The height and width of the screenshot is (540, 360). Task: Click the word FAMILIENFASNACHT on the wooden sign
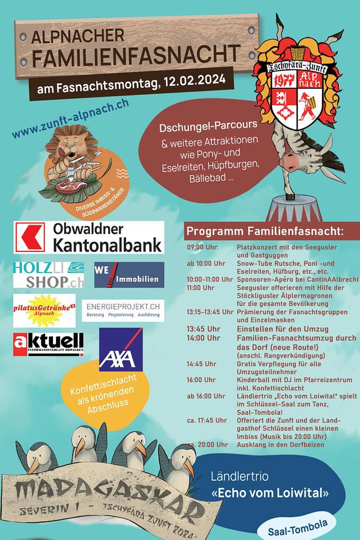click(x=135, y=56)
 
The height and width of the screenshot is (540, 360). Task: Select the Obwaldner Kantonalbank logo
click(x=88, y=237)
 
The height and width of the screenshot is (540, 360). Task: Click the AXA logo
click(x=121, y=349)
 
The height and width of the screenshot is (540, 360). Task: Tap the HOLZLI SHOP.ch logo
click(x=48, y=275)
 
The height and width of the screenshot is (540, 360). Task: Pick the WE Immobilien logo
click(x=129, y=275)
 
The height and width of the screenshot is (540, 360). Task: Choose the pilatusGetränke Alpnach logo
click(x=46, y=310)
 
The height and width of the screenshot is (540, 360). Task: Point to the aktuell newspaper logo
click(x=48, y=345)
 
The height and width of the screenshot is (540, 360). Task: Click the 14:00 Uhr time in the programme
click(x=203, y=338)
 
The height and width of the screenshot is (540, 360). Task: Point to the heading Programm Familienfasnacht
click(x=264, y=231)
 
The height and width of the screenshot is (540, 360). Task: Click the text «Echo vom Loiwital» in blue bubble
click(x=269, y=493)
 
